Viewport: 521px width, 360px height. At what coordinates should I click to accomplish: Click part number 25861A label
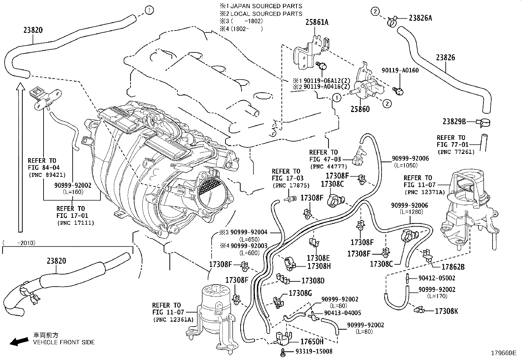click(317, 22)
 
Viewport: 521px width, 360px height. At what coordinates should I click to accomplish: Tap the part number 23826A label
click(420, 18)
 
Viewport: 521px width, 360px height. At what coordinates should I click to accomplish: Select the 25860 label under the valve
click(360, 109)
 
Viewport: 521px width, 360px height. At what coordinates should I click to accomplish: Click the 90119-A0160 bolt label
click(400, 70)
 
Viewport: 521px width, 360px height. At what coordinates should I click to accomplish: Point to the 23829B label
click(454, 121)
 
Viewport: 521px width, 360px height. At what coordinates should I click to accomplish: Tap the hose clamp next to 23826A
click(392, 22)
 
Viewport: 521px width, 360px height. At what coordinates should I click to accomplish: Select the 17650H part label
click(312, 342)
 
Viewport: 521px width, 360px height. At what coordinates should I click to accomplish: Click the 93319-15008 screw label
click(314, 351)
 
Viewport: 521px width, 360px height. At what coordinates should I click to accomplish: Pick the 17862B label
click(453, 267)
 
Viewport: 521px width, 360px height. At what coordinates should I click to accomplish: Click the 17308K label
click(446, 311)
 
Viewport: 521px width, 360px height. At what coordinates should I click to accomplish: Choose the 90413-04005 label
click(343, 313)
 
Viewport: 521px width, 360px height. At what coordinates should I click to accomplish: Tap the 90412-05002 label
click(437, 278)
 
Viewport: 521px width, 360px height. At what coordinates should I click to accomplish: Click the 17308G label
click(300, 293)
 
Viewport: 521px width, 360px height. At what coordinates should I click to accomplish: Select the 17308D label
click(313, 281)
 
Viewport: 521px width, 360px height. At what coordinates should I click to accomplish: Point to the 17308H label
click(319, 266)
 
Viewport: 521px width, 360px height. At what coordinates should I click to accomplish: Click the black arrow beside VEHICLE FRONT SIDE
click(19, 341)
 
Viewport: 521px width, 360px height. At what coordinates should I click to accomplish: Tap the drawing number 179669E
click(504, 353)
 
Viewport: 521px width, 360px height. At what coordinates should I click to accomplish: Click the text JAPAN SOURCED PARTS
click(266, 6)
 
